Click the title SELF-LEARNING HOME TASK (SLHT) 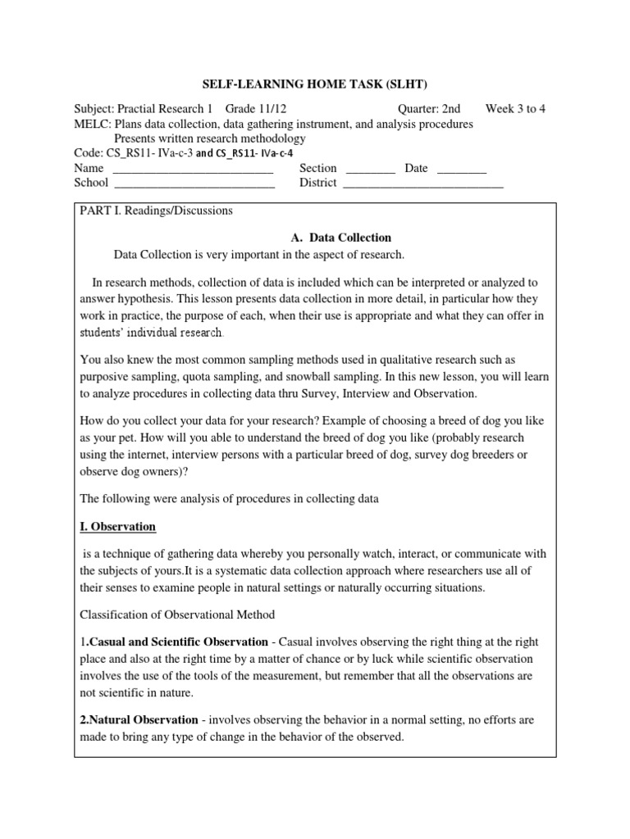pos(315,84)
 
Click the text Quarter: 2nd pos(429,109)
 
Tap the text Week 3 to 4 pos(515,109)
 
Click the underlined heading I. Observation pos(117,526)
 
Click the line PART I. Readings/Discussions pos(156,211)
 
